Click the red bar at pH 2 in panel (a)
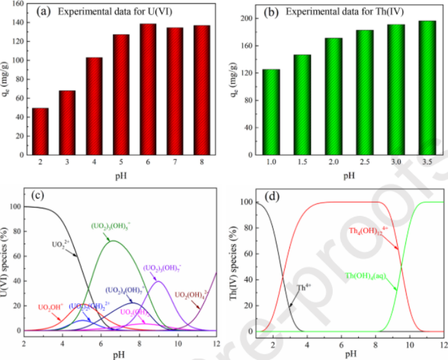point(40,131)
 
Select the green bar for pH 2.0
point(333,96)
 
